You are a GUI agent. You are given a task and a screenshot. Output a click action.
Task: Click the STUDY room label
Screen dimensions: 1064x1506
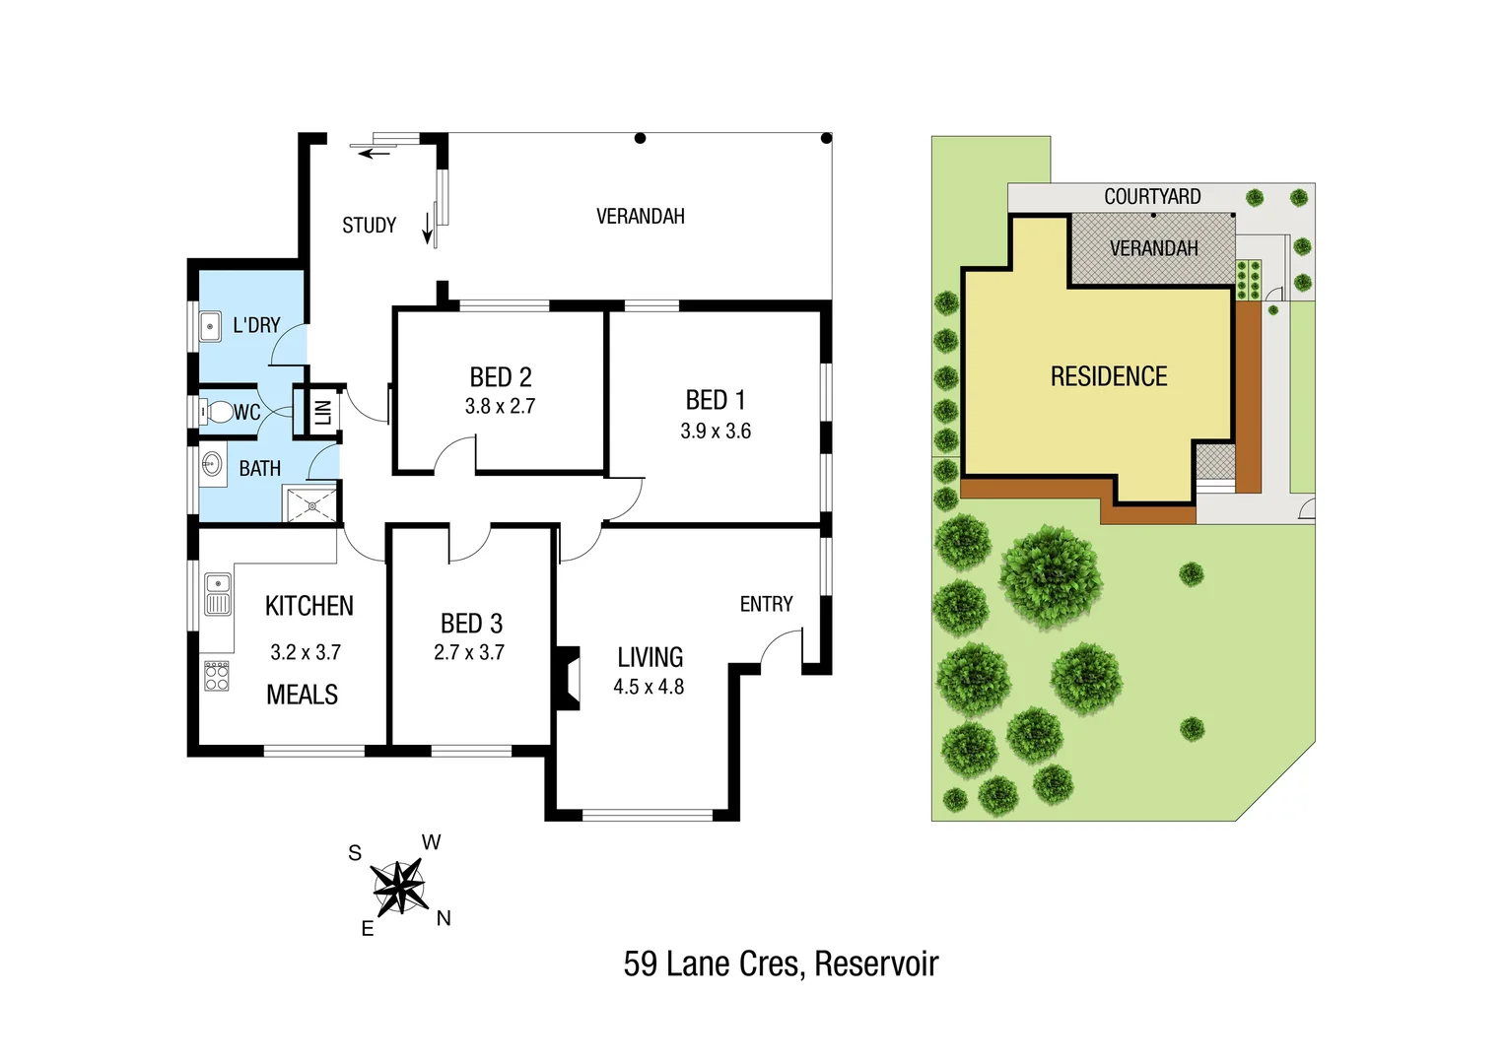369,226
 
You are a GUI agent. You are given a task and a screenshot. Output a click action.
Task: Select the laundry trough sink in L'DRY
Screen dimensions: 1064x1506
210,326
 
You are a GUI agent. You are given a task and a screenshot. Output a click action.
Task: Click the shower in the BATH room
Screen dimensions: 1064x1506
310,505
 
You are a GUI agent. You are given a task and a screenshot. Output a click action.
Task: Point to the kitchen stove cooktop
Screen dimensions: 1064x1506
217,676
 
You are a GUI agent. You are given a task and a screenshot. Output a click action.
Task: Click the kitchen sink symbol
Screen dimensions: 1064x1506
218,595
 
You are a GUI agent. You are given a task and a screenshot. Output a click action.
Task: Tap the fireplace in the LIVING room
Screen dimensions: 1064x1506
567,678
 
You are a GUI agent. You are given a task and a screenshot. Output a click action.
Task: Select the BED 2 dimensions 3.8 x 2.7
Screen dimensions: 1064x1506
500,406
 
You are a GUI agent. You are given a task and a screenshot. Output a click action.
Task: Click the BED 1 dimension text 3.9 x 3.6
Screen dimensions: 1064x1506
716,431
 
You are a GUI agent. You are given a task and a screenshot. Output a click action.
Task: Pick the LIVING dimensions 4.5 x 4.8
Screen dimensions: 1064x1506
649,687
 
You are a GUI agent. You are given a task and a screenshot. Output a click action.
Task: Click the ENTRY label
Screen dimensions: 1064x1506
766,604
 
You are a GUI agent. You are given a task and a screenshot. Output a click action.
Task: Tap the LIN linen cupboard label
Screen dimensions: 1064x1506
322,412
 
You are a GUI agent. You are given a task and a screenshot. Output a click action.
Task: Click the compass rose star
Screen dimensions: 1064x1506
399,886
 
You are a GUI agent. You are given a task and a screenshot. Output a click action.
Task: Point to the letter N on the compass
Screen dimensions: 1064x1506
444,918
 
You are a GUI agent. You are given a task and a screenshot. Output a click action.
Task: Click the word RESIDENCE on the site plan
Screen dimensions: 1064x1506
1109,376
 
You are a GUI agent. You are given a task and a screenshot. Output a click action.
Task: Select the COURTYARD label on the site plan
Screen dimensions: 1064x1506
1152,197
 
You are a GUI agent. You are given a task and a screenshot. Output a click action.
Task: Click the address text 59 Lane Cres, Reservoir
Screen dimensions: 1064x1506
781,964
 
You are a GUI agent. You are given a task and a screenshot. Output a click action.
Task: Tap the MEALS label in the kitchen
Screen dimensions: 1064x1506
302,695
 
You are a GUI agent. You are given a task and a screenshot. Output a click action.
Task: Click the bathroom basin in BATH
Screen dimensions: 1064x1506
212,464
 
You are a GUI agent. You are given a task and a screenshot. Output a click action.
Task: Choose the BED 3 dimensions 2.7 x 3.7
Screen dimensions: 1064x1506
469,652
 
